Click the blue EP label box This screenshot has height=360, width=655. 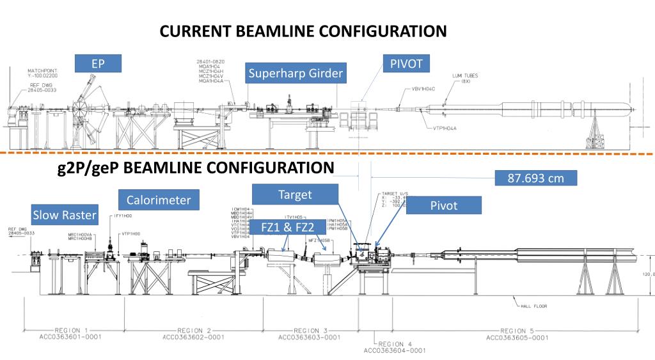click(x=97, y=64)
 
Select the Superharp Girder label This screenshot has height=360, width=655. click(x=296, y=74)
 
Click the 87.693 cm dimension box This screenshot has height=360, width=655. click(x=536, y=178)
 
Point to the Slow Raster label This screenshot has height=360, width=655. click(x=65, y=215)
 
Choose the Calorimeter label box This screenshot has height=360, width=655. click(x=159, y=200)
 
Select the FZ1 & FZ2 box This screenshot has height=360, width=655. click(x=288, y=228)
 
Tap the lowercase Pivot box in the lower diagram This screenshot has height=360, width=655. click(x=443, y=205)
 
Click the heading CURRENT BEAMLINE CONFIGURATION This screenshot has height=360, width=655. click(x=303, y=31)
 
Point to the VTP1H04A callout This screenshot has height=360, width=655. click(x=443, y=128)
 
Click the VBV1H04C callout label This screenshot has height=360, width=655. click(x=423, y=89)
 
